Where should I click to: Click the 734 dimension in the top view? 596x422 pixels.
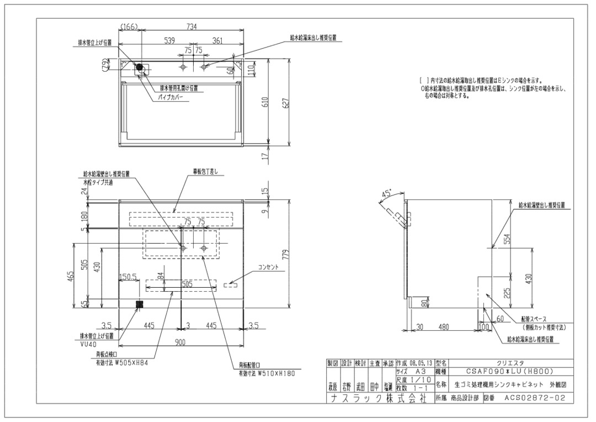tap(191, 27)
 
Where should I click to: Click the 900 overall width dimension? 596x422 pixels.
tap(180, 342)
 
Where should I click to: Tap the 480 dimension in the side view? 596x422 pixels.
tap(444, 326)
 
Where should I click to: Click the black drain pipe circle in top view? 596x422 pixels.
tap(140, 67)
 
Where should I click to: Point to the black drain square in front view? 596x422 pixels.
tap(140, 303)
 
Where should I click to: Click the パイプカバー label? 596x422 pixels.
tap(171, 97)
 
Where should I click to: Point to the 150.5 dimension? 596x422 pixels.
tap(128, 276)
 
